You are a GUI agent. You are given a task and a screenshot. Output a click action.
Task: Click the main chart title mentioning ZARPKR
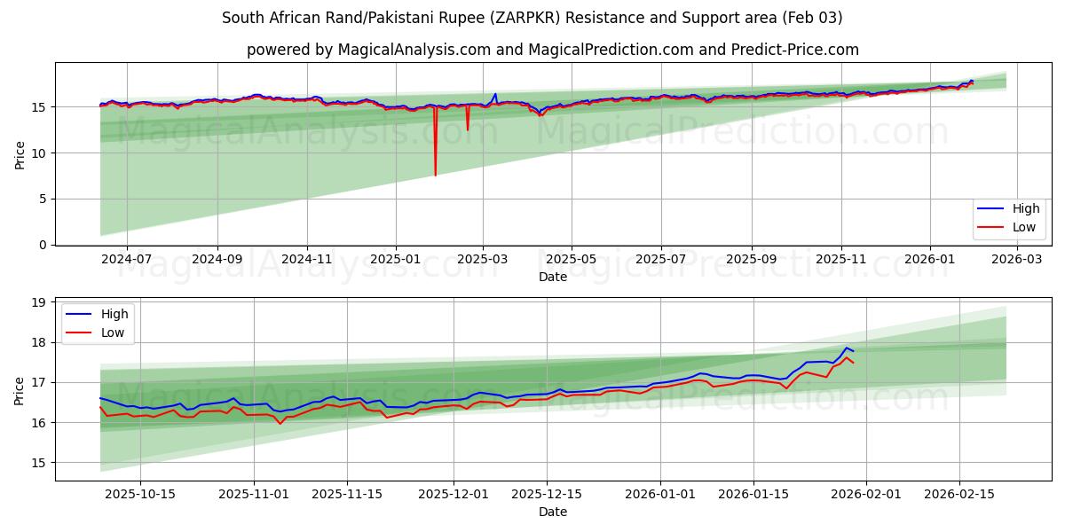(532, 18)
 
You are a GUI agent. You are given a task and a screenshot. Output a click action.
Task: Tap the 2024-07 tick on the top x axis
(126, 260)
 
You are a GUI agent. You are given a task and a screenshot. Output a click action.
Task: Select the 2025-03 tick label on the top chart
(483, 260)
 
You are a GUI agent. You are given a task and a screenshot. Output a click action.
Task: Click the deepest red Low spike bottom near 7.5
(435, 175)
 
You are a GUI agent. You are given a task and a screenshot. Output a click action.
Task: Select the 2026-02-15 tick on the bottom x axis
(959, 495)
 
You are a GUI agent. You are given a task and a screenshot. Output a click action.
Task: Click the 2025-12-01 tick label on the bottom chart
(454, 495)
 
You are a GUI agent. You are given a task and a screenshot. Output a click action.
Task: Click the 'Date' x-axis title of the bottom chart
(553, 512)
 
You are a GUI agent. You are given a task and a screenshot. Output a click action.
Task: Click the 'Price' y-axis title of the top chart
(20, 154)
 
